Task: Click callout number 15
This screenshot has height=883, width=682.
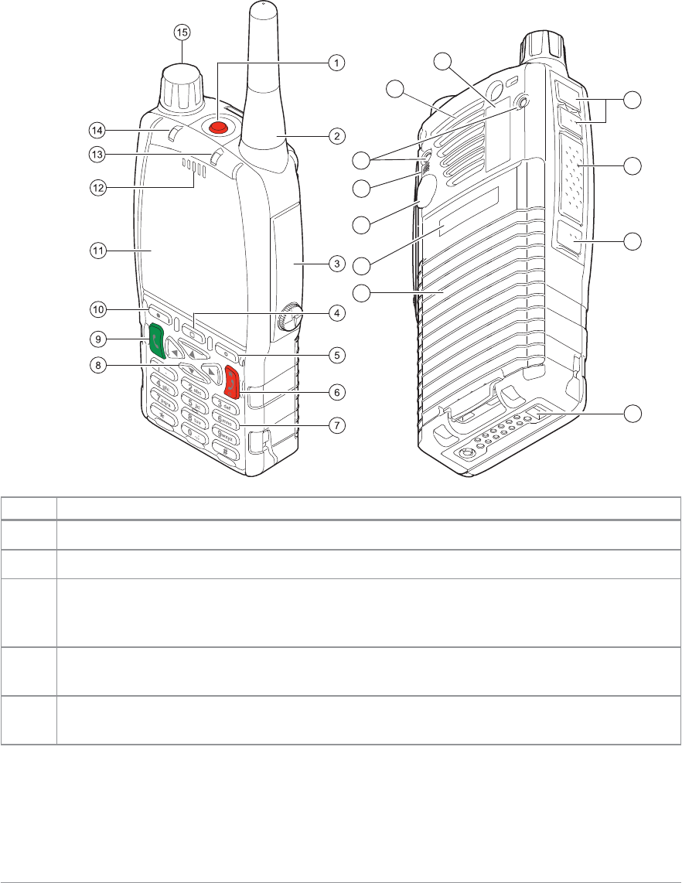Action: [182, 32]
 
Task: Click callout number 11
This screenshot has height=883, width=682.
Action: [97, 250]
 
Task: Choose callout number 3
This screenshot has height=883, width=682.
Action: [336, 264]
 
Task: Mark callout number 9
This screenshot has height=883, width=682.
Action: [97, 338]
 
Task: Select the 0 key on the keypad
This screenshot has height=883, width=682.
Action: [193, 439]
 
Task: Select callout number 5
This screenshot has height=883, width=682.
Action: [336, 356]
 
